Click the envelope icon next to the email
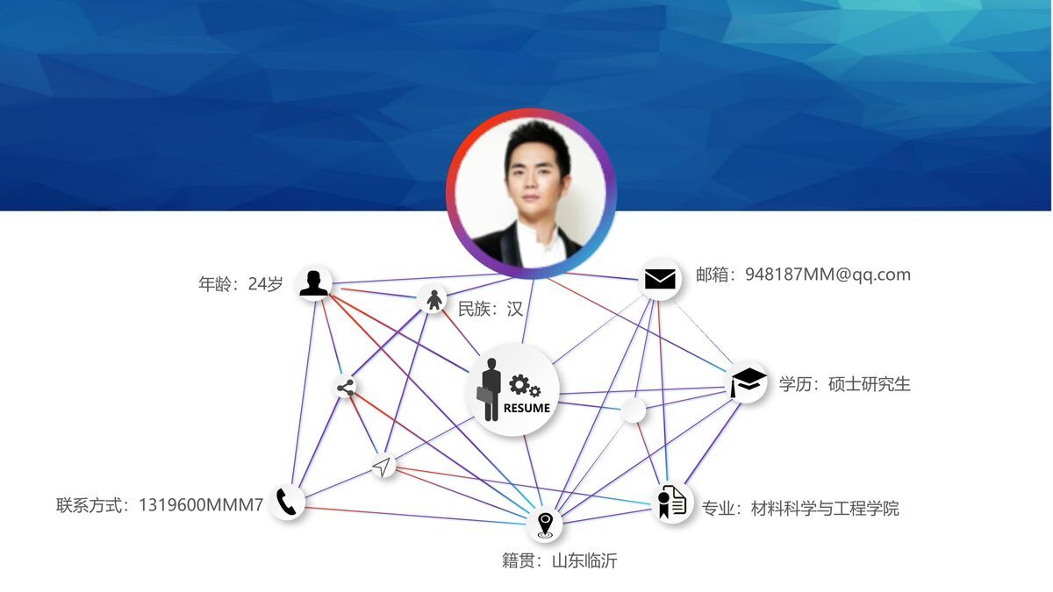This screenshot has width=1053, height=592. (x=660, y=279)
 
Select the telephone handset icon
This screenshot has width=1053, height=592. (x=286, y=502)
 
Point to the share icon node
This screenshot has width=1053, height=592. (x=346, y=388)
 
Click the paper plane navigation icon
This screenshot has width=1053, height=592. (x=382, y=467)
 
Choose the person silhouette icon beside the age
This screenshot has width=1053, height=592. (x=313, y=282)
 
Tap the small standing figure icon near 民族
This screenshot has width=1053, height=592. (x=433, y=300)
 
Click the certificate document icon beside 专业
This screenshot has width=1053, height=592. (x=672, y=503)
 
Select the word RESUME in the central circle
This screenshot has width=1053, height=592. (x=526, y=408)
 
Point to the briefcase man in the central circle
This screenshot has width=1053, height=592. (x=489, y=389)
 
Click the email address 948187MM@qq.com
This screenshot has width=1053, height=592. (x=827, y=275)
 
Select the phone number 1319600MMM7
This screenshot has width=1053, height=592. (x=201, y=505)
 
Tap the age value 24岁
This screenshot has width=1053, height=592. (x=266, y=284)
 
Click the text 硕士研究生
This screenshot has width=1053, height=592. (x=870, y=384)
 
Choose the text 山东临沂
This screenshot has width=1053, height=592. (x=584, y=560)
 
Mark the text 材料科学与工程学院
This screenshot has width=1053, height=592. (x=825, y=509)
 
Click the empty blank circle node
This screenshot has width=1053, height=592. (x=633, y=410)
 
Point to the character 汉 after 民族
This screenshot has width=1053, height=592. (x=515, y=309)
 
